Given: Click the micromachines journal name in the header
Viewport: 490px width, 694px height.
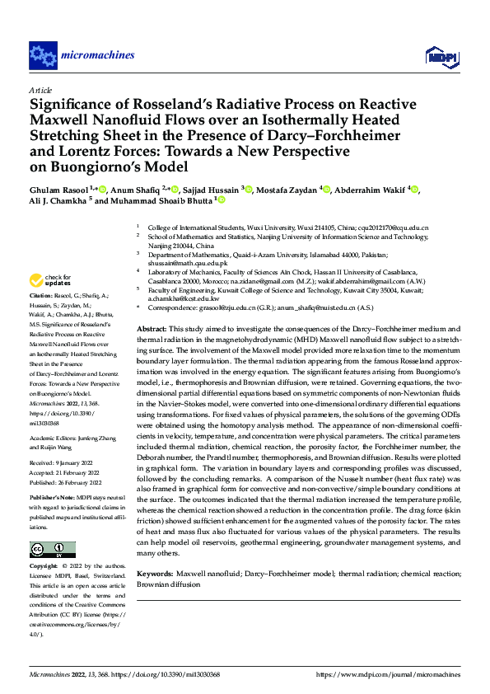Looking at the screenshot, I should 98,55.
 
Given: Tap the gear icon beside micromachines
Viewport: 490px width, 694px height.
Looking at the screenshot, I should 43,56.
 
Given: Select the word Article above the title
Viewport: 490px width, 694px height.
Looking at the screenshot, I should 40,90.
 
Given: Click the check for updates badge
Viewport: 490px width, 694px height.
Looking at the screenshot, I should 49,279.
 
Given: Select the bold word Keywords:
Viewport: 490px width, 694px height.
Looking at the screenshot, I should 155,572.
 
